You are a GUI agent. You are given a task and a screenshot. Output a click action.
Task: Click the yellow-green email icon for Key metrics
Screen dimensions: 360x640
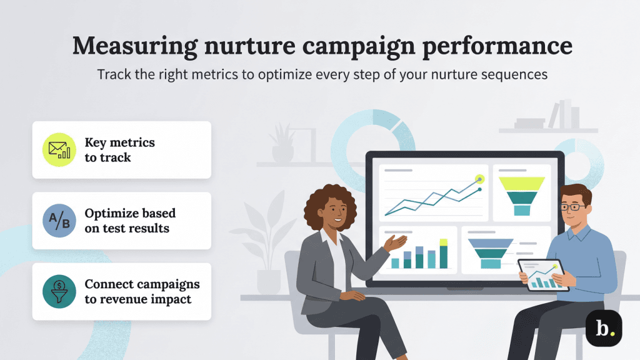59,150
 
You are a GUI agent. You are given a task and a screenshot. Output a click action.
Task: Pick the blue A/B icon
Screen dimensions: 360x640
59,221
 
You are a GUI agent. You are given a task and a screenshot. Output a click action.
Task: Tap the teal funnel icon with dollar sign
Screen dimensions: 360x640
59,291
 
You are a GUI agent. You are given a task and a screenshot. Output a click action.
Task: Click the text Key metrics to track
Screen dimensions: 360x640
119,150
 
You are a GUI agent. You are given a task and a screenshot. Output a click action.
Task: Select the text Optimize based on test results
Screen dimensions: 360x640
130,221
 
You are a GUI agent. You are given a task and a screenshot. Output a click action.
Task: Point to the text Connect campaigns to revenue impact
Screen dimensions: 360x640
142,291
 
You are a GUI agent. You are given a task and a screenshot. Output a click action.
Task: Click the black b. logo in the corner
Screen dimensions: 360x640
604,329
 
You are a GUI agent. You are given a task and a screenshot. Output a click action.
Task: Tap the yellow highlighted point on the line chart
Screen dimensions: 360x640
479,179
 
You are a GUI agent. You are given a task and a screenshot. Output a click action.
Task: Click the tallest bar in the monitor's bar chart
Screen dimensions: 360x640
444,255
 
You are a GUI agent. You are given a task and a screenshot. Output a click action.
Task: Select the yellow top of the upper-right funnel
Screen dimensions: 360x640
521,182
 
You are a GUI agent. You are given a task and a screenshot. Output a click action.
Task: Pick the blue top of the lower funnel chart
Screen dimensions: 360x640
491,243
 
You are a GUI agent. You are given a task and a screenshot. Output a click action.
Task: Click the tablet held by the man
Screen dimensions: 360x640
543,276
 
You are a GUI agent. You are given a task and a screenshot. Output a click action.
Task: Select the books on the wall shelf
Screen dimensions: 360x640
563,115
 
